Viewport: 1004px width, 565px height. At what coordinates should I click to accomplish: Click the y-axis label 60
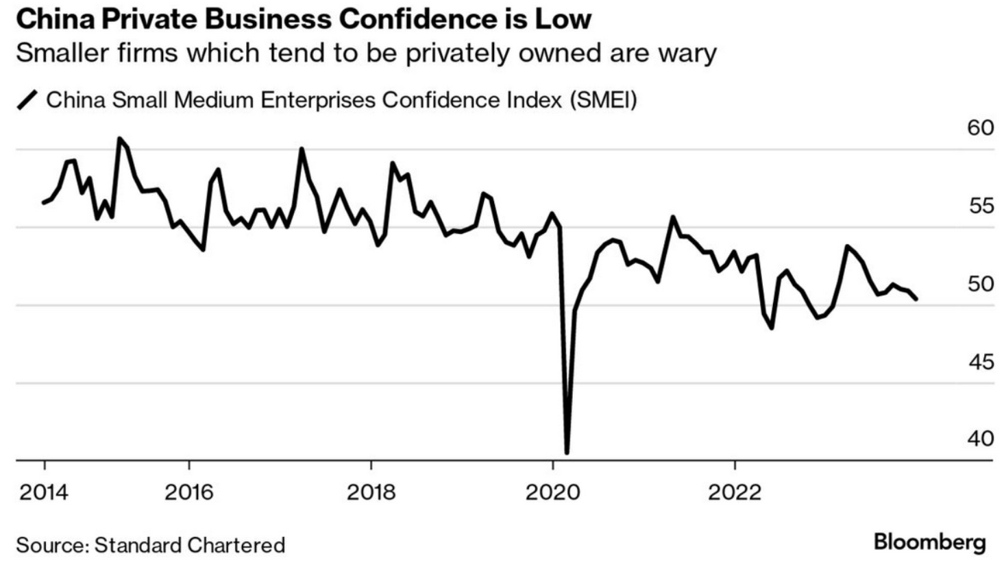(980, 128)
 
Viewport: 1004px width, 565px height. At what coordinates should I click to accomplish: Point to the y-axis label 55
(980, 206)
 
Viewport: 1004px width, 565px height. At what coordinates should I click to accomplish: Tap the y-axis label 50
(980, 284)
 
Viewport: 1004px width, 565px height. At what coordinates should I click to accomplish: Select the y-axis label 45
(980, 362)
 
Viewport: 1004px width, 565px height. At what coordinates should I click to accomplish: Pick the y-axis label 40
(980, 439)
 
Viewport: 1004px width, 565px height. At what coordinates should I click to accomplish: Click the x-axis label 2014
(44, 492)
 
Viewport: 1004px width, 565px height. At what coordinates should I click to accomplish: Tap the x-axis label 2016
(188, 492)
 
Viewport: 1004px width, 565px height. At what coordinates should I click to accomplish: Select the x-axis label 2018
(371, 492)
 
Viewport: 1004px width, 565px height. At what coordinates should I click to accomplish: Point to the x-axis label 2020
(552, 492)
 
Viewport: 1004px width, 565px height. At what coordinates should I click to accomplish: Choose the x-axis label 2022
(735, 492)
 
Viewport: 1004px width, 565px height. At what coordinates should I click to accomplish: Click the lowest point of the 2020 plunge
(567, 452)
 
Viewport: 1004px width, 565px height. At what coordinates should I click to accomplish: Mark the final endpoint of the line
(916, 299)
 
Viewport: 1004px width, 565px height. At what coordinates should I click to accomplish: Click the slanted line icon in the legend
(28, 101)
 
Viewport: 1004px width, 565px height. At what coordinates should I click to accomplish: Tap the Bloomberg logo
(929, 542)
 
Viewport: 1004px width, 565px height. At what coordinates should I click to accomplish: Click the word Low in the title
(564, 19)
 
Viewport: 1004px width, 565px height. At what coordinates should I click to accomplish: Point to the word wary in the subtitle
(683, 53)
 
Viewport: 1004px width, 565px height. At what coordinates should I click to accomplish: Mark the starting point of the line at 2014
(44, 202)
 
